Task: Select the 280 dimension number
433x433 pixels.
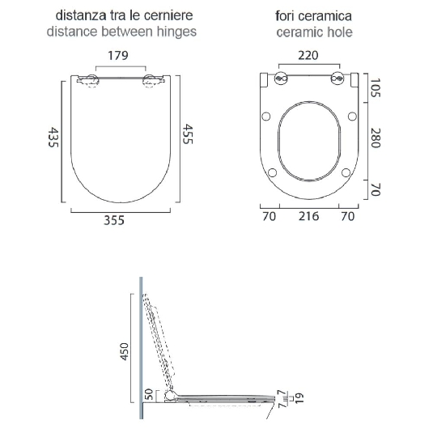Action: click(x=376, y=138)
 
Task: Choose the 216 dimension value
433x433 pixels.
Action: click(x=308, y=216)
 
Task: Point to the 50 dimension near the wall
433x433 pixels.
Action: click(x=147, y=396)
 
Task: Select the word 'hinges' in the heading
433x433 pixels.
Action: click(x=177, y=32)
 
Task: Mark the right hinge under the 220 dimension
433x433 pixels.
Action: click(x=336, y=79)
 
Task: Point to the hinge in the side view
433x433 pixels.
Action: click(x=168, y=396)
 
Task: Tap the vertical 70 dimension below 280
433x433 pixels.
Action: click(x=376, y=190)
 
